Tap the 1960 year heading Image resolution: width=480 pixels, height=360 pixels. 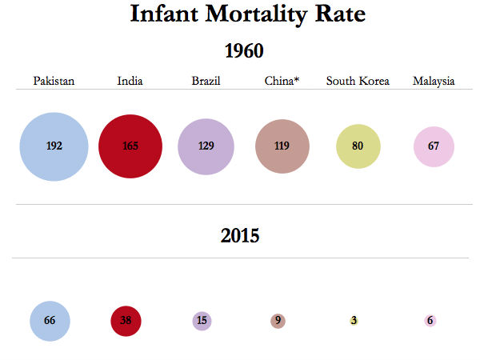coord(243,52)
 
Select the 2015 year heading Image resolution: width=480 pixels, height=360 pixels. coord(240,235)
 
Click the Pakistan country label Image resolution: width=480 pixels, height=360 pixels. coord(54,81)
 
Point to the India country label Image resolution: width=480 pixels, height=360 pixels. coord(130,81)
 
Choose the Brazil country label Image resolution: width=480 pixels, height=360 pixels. coord(206,81)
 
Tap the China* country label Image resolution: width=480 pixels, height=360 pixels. coord(282,81)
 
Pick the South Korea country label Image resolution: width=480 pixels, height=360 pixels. coord(358,81)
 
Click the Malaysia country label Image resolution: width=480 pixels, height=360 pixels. coord(434,81)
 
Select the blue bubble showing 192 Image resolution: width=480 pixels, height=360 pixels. coord(54,146)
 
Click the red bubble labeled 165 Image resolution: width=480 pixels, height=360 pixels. coord(130,146)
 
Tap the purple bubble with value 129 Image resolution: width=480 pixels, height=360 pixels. coord(206,146)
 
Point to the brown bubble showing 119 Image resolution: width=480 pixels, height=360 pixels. coord(282,146)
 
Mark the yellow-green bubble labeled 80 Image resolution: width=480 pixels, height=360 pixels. coord(358,146)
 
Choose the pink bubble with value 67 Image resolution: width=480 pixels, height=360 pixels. coord(434,146)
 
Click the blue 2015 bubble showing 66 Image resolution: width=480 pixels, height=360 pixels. coord(50,321)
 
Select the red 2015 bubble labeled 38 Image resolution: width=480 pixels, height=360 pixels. coord(126,321)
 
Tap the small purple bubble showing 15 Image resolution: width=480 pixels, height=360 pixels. coord(202,321)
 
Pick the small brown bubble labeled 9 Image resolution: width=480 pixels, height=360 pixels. coord(278,321)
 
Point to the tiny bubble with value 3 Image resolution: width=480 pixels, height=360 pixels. coord(354,321)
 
